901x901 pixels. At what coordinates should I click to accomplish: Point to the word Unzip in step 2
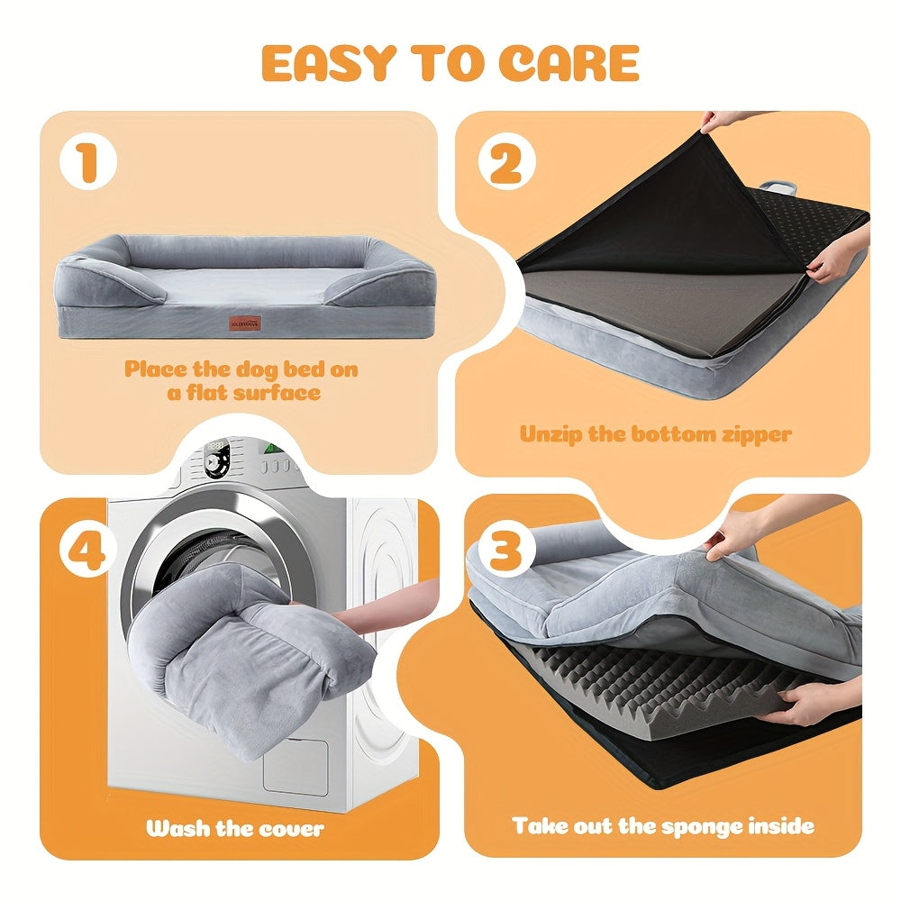click(x=550, y=434)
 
